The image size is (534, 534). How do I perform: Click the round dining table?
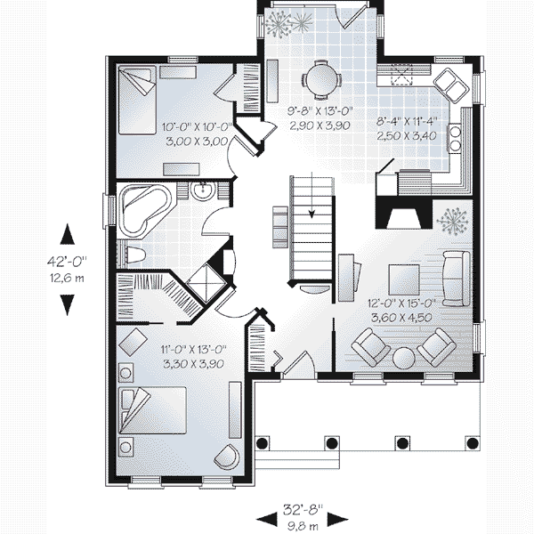(320, 80)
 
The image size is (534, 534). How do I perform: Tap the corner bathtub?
(145, 210)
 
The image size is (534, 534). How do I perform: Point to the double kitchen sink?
(451, 85)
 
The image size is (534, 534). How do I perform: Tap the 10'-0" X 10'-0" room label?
(197, 127)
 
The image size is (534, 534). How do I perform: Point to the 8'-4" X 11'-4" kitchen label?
(407, 121)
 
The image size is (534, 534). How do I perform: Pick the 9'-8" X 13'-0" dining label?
(320, 111)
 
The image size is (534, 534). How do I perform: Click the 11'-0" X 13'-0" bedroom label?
(193, 350)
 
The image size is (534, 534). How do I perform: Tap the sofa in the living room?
(457, 279)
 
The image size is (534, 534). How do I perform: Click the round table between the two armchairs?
(403, 358)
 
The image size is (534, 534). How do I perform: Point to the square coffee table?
(404, 279)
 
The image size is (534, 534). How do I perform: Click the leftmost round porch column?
(262, 443)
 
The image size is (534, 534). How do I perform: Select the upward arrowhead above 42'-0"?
(68, 233)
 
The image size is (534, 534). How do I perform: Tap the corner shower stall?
(206, 283)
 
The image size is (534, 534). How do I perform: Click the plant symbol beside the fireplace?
(452, 222)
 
